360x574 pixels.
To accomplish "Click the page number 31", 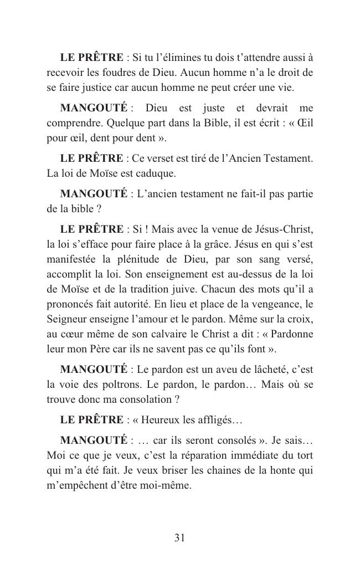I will click(179, 537).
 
